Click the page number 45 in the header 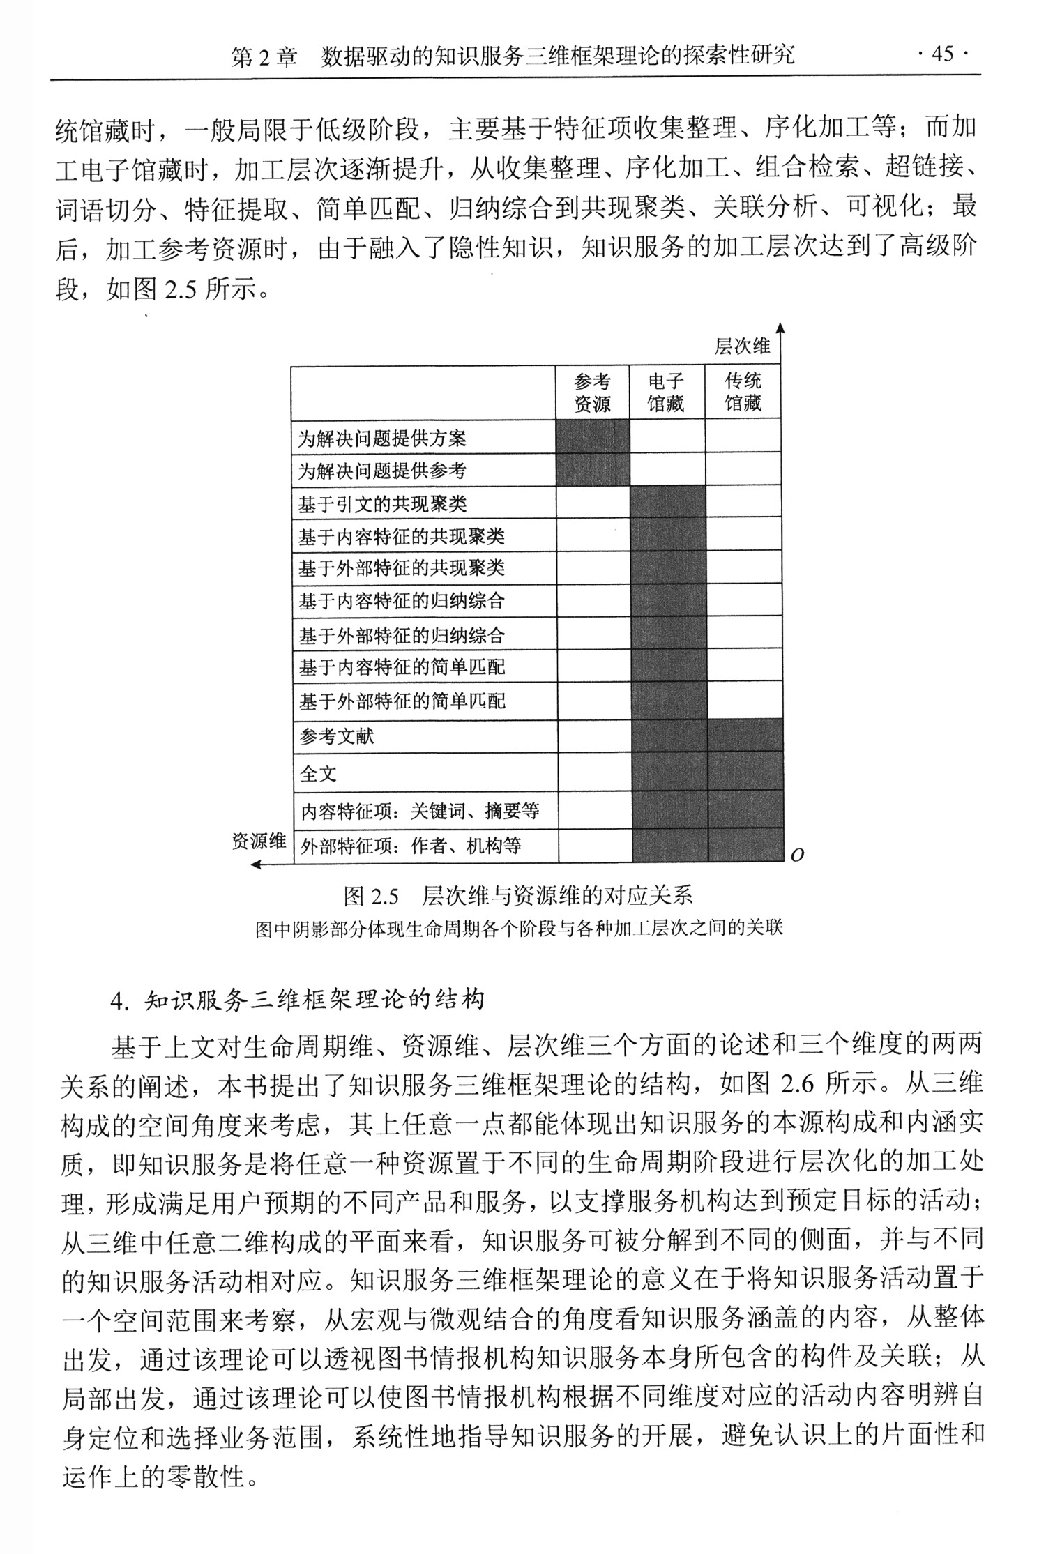tap(942, 54)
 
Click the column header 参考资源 tap(592, 392)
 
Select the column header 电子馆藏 tap(666, 392)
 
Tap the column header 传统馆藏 tap(743, 392)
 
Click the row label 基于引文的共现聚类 tap(382, 504)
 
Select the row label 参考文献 tap(337, 737)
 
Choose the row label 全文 tap(318, 774)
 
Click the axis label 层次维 tap(743, 346)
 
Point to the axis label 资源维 tap(259, 841)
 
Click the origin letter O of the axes tap(798, 856)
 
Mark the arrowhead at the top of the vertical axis tap(781, 328)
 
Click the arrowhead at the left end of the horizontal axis tap(256, 865)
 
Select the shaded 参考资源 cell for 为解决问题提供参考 tap(592, 469)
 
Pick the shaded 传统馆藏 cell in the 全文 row tap(743, 771)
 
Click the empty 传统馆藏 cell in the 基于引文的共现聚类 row tap(743, 501)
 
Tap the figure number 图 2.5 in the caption tap(370, 896)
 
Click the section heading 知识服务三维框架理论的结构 tap(313, 1000)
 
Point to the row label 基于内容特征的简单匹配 tap(402, 668)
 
